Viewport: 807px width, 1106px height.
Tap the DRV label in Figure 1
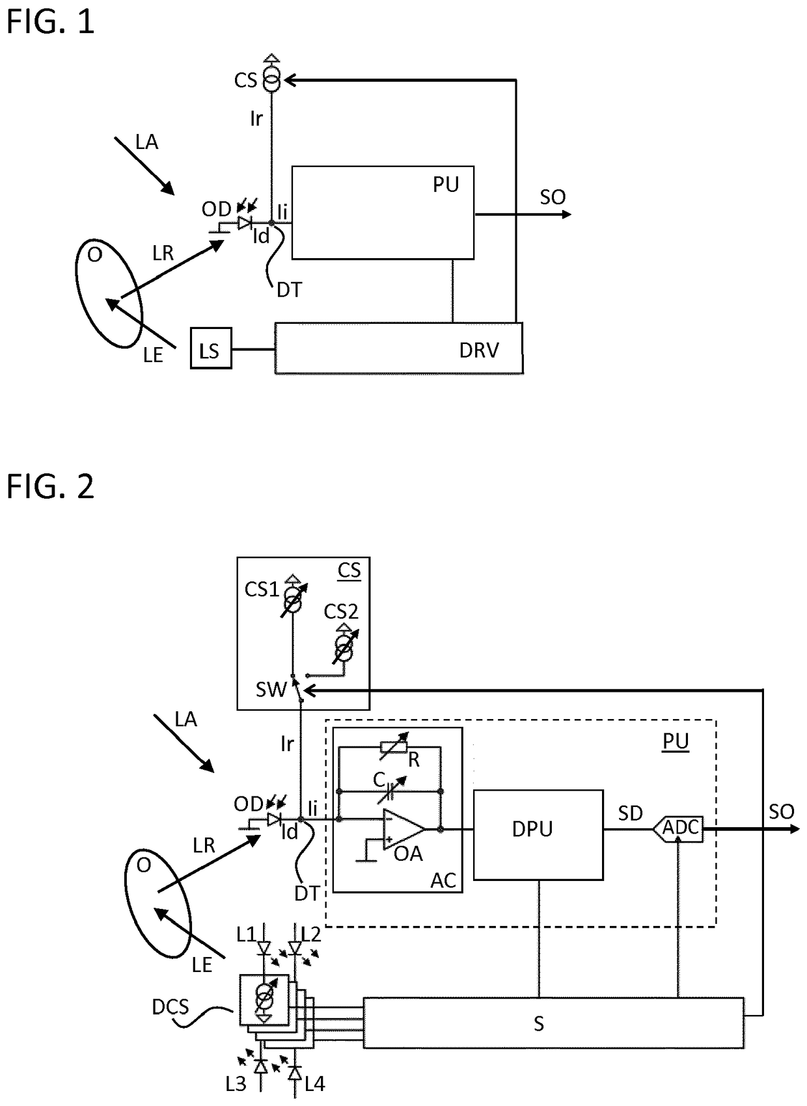point(479,350)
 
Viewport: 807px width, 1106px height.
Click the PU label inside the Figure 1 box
point(446,184)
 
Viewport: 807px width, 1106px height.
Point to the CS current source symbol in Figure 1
point(271,79)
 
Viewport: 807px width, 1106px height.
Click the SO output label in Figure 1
point(553,197)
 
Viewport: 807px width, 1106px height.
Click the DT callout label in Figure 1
point(289,291)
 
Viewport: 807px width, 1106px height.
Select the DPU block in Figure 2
point(538,835)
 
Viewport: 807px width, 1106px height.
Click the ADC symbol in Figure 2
point(677,828)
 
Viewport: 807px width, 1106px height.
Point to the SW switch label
point(271,690)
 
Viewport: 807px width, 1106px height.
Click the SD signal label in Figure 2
point(630,813)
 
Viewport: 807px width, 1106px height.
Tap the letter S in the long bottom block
point(539,1024)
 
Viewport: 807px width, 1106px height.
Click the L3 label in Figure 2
point(236,1084)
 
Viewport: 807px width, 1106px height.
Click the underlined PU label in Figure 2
point(676,741)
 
